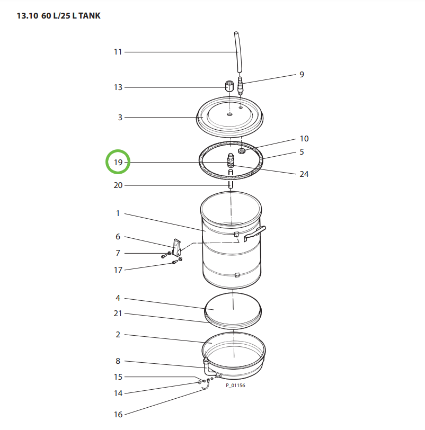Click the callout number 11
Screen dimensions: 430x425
(118, 52)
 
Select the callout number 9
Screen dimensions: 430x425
(302, 75)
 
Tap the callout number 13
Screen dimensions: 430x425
(118, 87)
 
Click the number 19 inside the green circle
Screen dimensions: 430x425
(118, 163)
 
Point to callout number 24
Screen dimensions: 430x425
(304, 174)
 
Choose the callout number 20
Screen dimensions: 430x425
(118, 185)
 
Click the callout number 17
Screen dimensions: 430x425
(118, 270)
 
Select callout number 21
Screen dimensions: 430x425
(118, 313)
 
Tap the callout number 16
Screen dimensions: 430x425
(118, 415)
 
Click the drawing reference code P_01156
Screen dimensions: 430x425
(235, 386)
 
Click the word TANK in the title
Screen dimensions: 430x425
(87, 16)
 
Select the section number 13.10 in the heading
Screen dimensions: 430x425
(27, 16)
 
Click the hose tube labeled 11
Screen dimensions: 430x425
(237, 50)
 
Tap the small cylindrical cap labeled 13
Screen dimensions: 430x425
(230, 86)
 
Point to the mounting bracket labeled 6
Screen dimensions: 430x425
(177, 247)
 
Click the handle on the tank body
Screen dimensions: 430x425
(256, 232)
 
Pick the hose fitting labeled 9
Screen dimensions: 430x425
(241, 86)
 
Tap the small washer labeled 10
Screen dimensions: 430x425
(242, 151)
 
